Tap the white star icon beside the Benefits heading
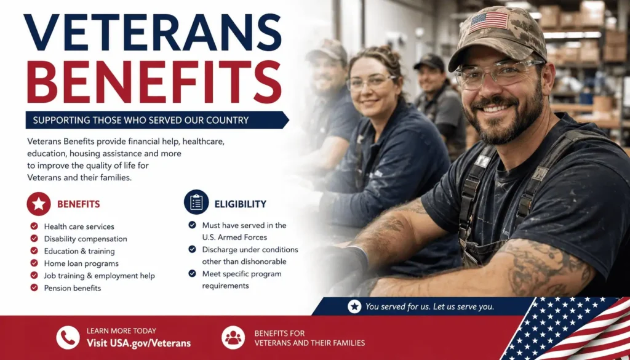(39, 204)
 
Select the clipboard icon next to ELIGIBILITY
(196, 202)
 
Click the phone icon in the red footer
(68, 337)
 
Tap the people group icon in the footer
(233, 337)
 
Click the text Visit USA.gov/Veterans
(138, 343)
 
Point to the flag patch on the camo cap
(488, 22)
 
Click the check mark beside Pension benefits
(34, 287)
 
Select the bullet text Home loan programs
(81, 263)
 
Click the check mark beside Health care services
(34, 226)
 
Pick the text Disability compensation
(86, 239)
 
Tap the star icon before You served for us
(354, 306)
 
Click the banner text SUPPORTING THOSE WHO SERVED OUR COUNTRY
(141, 120)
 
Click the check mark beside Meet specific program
(193, 274)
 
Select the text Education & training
(79, 251)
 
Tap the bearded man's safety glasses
(498, 73)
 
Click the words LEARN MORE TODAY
(121, 331)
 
